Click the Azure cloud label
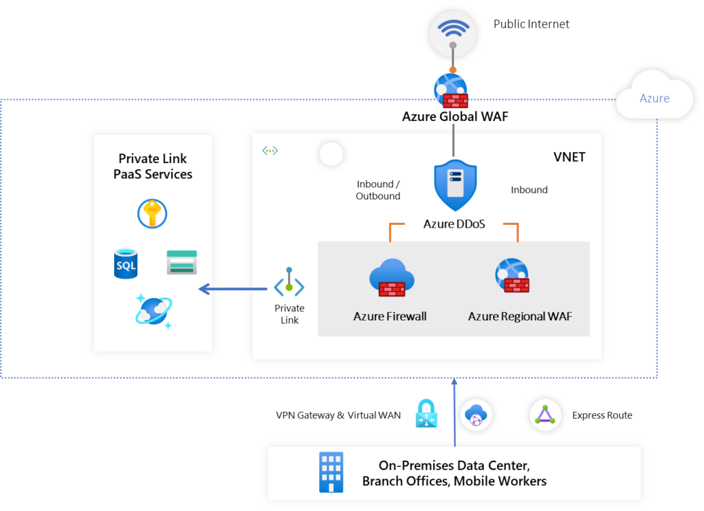[x=654, y=98]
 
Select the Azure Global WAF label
[x=455, y=116]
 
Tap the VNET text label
[x=569, y=157]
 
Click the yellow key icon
[x=152, y=213]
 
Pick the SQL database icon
[x=125, y=264]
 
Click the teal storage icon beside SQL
[x=181, y=263]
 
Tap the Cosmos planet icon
[x=153, y=309]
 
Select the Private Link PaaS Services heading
[x=153, y=166]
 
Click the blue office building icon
[x=331, y=472]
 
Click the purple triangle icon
[x=545, y=415]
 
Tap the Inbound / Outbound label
[x=378, y=190]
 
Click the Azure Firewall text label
[x=390, y=316]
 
